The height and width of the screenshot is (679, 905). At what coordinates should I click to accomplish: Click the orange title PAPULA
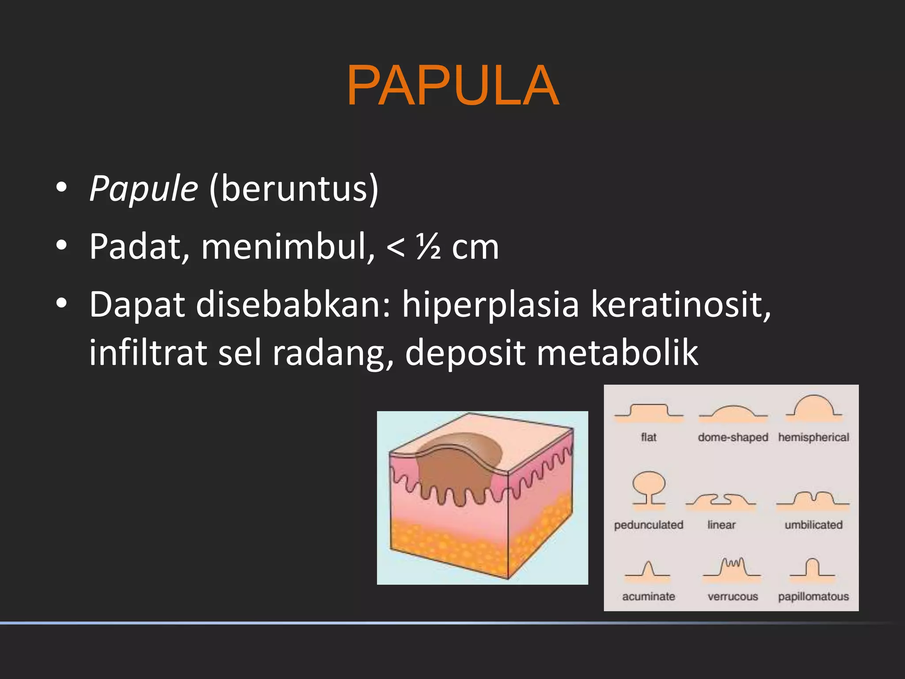(x=452, y=86)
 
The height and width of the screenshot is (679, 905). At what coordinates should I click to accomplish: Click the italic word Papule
(x=144, y=189)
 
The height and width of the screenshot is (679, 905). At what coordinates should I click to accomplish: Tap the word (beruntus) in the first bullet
(x=294, y=189)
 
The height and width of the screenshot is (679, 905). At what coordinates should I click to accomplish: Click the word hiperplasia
(x=490, y=305)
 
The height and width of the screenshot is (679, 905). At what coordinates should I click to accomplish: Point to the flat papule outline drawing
(x=648, y=412)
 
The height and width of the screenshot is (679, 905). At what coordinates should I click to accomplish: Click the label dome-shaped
(x=733, y=437)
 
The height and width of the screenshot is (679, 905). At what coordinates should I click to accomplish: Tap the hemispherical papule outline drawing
(x=814, y=407)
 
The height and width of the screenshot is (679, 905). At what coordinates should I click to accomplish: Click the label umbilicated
(x=814, y=525)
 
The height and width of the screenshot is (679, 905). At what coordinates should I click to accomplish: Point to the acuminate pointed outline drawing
(x=648, y=570)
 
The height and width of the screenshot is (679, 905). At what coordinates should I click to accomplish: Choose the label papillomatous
(x=814, y=596)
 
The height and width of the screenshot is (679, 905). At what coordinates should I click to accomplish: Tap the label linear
(x=721, y=525)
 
